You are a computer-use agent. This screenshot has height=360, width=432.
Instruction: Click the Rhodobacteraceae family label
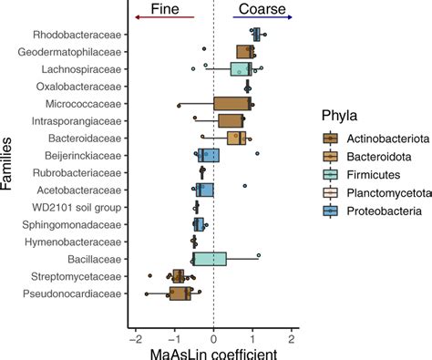click(77, 35)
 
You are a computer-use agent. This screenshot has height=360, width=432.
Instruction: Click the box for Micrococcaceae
click(232, 103)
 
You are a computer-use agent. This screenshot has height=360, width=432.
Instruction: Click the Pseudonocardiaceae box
click(180, 293)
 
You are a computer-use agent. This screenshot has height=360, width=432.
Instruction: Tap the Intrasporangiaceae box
click(231, 120)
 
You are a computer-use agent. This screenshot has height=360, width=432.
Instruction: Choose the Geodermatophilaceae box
click(245, 52)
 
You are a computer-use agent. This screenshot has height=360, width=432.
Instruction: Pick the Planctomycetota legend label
click(392, 193)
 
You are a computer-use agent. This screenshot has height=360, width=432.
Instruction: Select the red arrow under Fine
click(163, 17)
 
